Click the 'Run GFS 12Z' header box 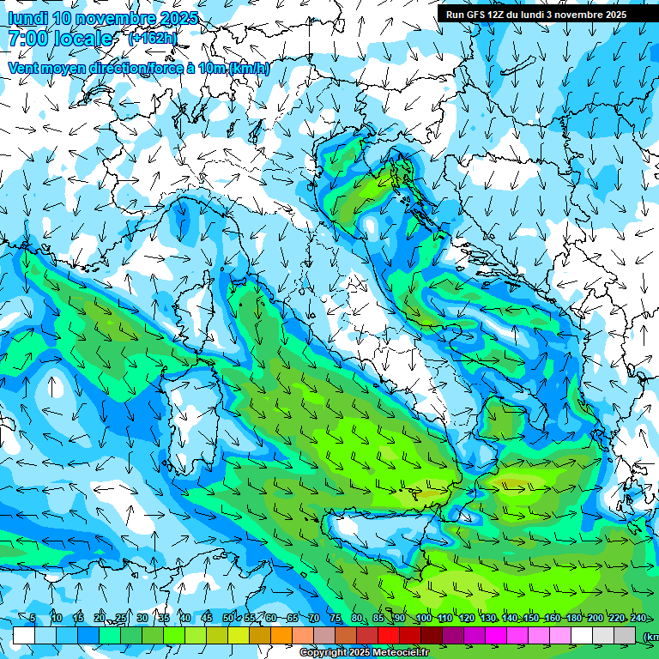pyautogui.click(x=547, y=15)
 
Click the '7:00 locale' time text pyautogui.click(x=60, y=39)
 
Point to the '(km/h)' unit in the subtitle pyautogui.click(x=249, y=69)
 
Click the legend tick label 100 pyautogui.click(x=423, y=618)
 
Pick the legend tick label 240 pyautogui.click(x=638, y=618)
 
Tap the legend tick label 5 pyautogui.click(x=33, y=618)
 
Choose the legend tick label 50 pyautogui.click(x=228, y=618)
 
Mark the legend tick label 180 pyautogui.click(x=573, y=618)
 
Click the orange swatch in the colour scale pyautogui.click(x=281, y=636)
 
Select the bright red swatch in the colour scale pyautogui.click(x=389, y=636)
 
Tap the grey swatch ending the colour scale pyautogui.click(x=625, y=636)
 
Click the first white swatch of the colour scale pyautogui.click(x=24, y=636)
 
